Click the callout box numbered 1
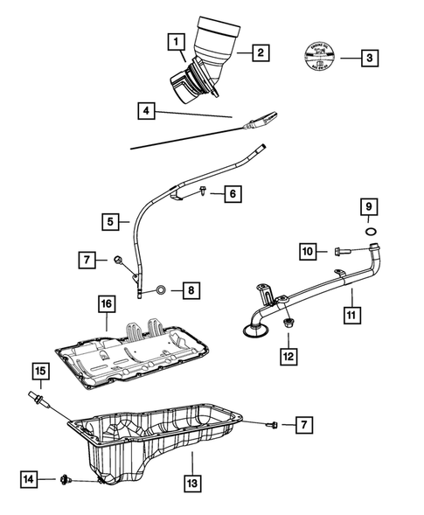tap(177, 41)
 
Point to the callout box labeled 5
tap(110, 222)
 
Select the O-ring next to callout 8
tap(161, 289)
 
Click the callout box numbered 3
tap(372, 59)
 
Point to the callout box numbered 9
tap(369, 206)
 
